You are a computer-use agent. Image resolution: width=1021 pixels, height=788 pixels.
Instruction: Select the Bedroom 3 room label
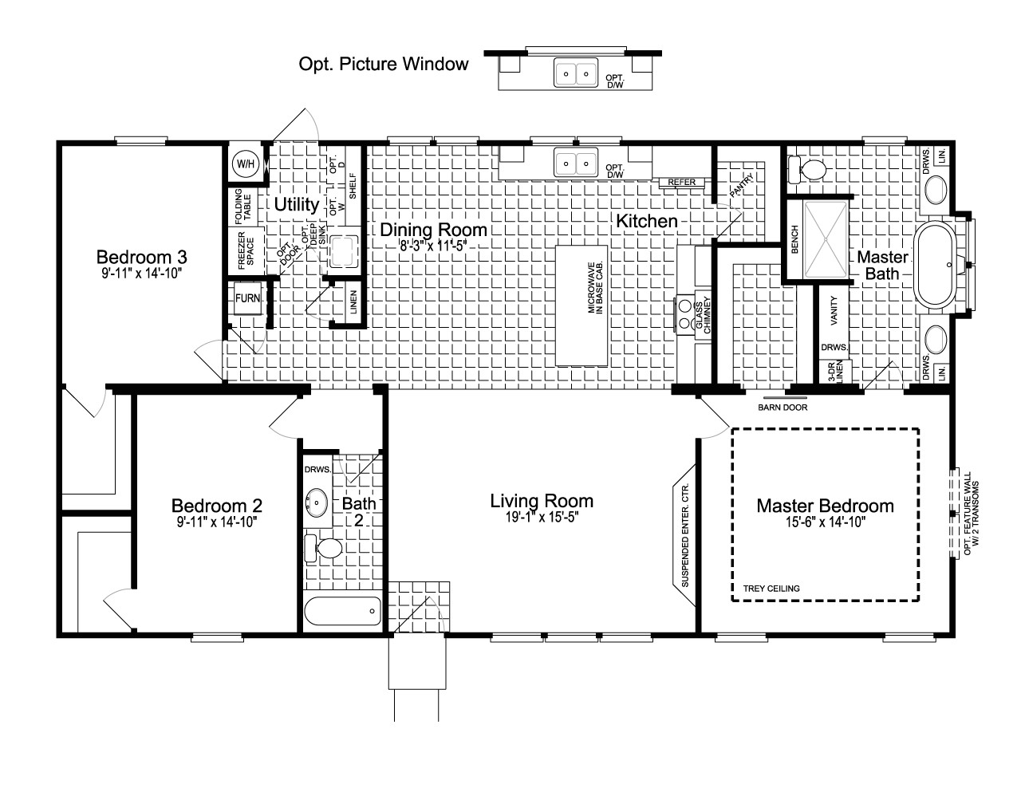(141, 257)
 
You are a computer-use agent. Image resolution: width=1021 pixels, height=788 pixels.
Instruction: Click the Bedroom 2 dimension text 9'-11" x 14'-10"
(217, 522)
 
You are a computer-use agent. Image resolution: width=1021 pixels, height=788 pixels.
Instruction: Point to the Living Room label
(541, 501)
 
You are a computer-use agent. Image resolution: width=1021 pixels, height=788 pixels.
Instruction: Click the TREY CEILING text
(771, 589)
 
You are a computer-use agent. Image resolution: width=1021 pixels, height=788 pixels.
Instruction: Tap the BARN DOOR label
(783, 408)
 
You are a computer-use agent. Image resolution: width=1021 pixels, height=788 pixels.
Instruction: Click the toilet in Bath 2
(325, 549)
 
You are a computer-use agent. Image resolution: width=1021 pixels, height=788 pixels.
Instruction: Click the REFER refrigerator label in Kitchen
(682, 183)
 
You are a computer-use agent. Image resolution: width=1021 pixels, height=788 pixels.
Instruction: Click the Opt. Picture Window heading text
(383, 64)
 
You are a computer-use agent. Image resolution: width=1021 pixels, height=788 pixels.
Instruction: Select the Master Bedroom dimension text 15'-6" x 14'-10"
(825, 522)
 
